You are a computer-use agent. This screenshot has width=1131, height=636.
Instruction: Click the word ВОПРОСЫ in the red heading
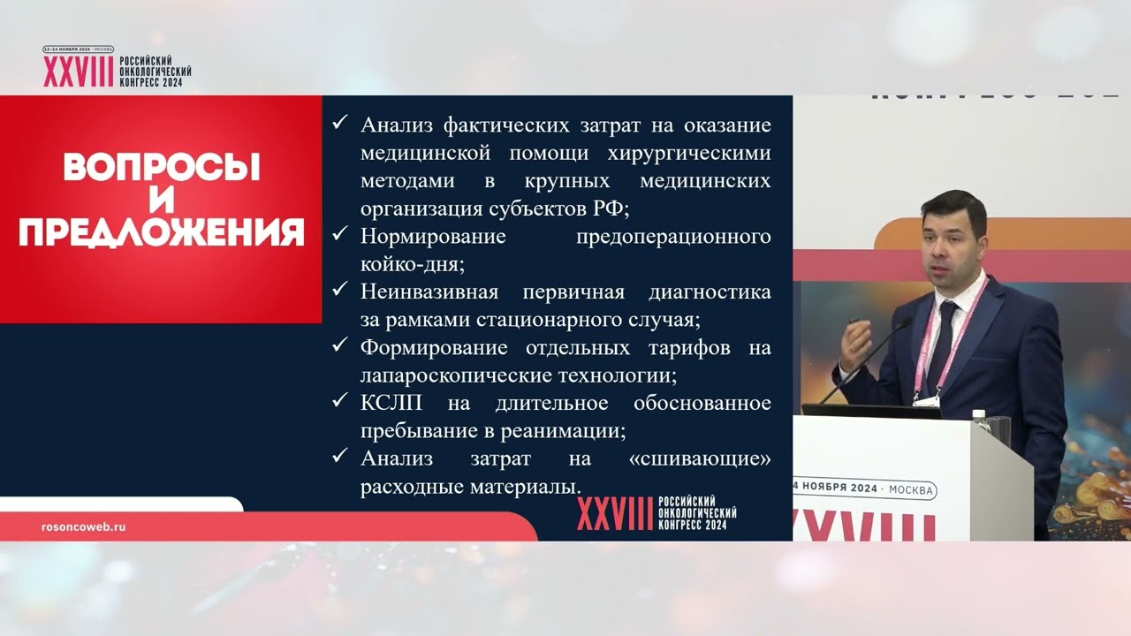click(x=162, y=168)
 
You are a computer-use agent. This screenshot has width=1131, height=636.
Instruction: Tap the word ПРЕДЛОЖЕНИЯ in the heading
click(x=162, y=232)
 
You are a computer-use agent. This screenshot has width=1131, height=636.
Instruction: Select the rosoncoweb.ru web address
click(x=84, y=526)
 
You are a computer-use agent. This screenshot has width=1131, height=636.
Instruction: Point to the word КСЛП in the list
click(x=391, y=403)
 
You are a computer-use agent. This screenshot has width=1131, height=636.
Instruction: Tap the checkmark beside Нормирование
click(x=339, y=235)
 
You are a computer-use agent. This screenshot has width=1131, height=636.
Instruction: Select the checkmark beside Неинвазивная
click(x=339, y=290)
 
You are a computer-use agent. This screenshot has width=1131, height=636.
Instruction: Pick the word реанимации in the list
click(x=569, y=431)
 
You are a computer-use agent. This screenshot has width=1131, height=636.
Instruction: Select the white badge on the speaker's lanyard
click(x=928, y=397)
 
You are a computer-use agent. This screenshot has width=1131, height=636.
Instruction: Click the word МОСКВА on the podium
click(x=907, y=488)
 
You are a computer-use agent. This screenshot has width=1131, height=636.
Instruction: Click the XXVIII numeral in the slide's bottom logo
click(x=614, y=513)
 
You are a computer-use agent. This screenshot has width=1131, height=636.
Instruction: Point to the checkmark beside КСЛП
click(x=339, y=401)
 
